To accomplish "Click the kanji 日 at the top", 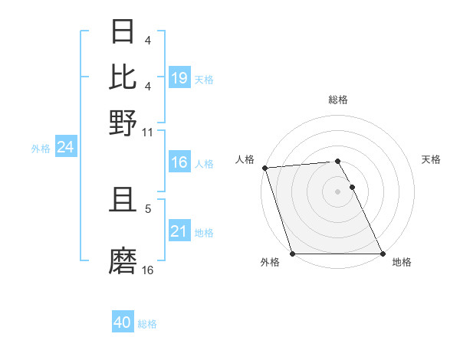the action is pyautogui.click(x=123, y=31).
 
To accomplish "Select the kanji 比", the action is pyautogui.click(x=123, y=76).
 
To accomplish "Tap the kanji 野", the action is pyautogui.click(x=123, y=123).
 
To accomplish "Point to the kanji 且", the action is pyautogui.click(x=123, y=201).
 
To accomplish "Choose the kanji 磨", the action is pyautogui.click(x=123, y=261).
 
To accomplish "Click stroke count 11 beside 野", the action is pyautogui.click(x=148, y=133).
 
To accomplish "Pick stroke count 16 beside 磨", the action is pyautogui.click(x=148, y=270).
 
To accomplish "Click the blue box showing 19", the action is pyautogui.click(x=179, y=77).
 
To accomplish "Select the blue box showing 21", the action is pyautogui.click(x=179, y=231).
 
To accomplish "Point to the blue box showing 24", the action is pyautogui.click(x=65, y=147).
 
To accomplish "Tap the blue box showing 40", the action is pyautogui.click(x=123, y=322).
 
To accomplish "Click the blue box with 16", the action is pyautogui.click(x=179, y=162).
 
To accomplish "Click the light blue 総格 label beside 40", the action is pyautogui.click(x=147, y=324).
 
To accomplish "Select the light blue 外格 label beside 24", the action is pyautogui.click(x=41, y=149).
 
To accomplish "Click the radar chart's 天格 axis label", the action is pyautogui.click(x=431, y=159).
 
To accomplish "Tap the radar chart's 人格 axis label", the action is pyautogui.click(x=245, y=159).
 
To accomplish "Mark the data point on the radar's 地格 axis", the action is pyautogui.click(x=383, y=254).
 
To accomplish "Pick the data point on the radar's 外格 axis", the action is pyautogui.click(x=292, y=254).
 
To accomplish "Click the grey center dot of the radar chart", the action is pyautogui.click(x=337, y=191).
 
